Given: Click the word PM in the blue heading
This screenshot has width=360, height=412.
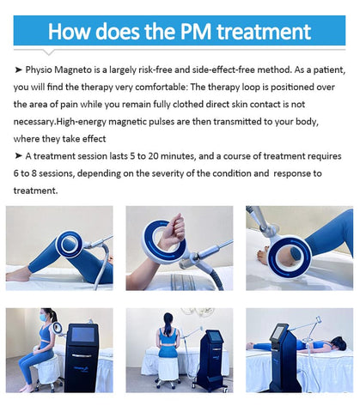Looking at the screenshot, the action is tap(196, 31).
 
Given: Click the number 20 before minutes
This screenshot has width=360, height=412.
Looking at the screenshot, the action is tap(153, 156).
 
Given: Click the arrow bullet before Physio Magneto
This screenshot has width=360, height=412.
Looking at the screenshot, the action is tap(18, 70).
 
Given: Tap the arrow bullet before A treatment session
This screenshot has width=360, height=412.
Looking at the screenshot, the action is tap(18, 156).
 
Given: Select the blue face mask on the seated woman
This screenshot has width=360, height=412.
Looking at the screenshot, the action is tap(44, 318).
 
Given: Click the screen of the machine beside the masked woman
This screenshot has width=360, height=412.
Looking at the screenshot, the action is tap(82, 335).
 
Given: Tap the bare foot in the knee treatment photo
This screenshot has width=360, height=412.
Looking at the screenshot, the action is tap(18, 275).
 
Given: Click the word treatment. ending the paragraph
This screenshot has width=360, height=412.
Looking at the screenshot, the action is tap(35, 191).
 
